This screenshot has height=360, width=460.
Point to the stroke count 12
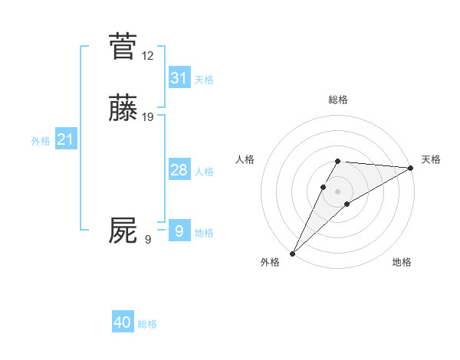147,56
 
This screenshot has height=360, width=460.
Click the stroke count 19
147,117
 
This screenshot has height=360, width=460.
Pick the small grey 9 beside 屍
147,240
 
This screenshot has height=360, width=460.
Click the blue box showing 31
179,77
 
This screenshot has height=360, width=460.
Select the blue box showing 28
179,169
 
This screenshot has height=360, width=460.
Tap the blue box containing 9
179,231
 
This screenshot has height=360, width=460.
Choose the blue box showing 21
65,139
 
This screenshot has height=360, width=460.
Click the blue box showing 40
123,322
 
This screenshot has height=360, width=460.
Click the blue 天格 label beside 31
204,80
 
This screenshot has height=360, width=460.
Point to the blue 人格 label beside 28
204,172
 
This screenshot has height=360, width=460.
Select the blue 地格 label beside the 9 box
204,233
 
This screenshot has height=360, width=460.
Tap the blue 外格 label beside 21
41,141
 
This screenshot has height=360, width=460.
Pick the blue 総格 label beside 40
147,325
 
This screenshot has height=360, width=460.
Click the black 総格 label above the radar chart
338,100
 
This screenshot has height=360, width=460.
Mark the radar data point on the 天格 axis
411,168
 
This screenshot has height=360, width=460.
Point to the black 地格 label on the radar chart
402,263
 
